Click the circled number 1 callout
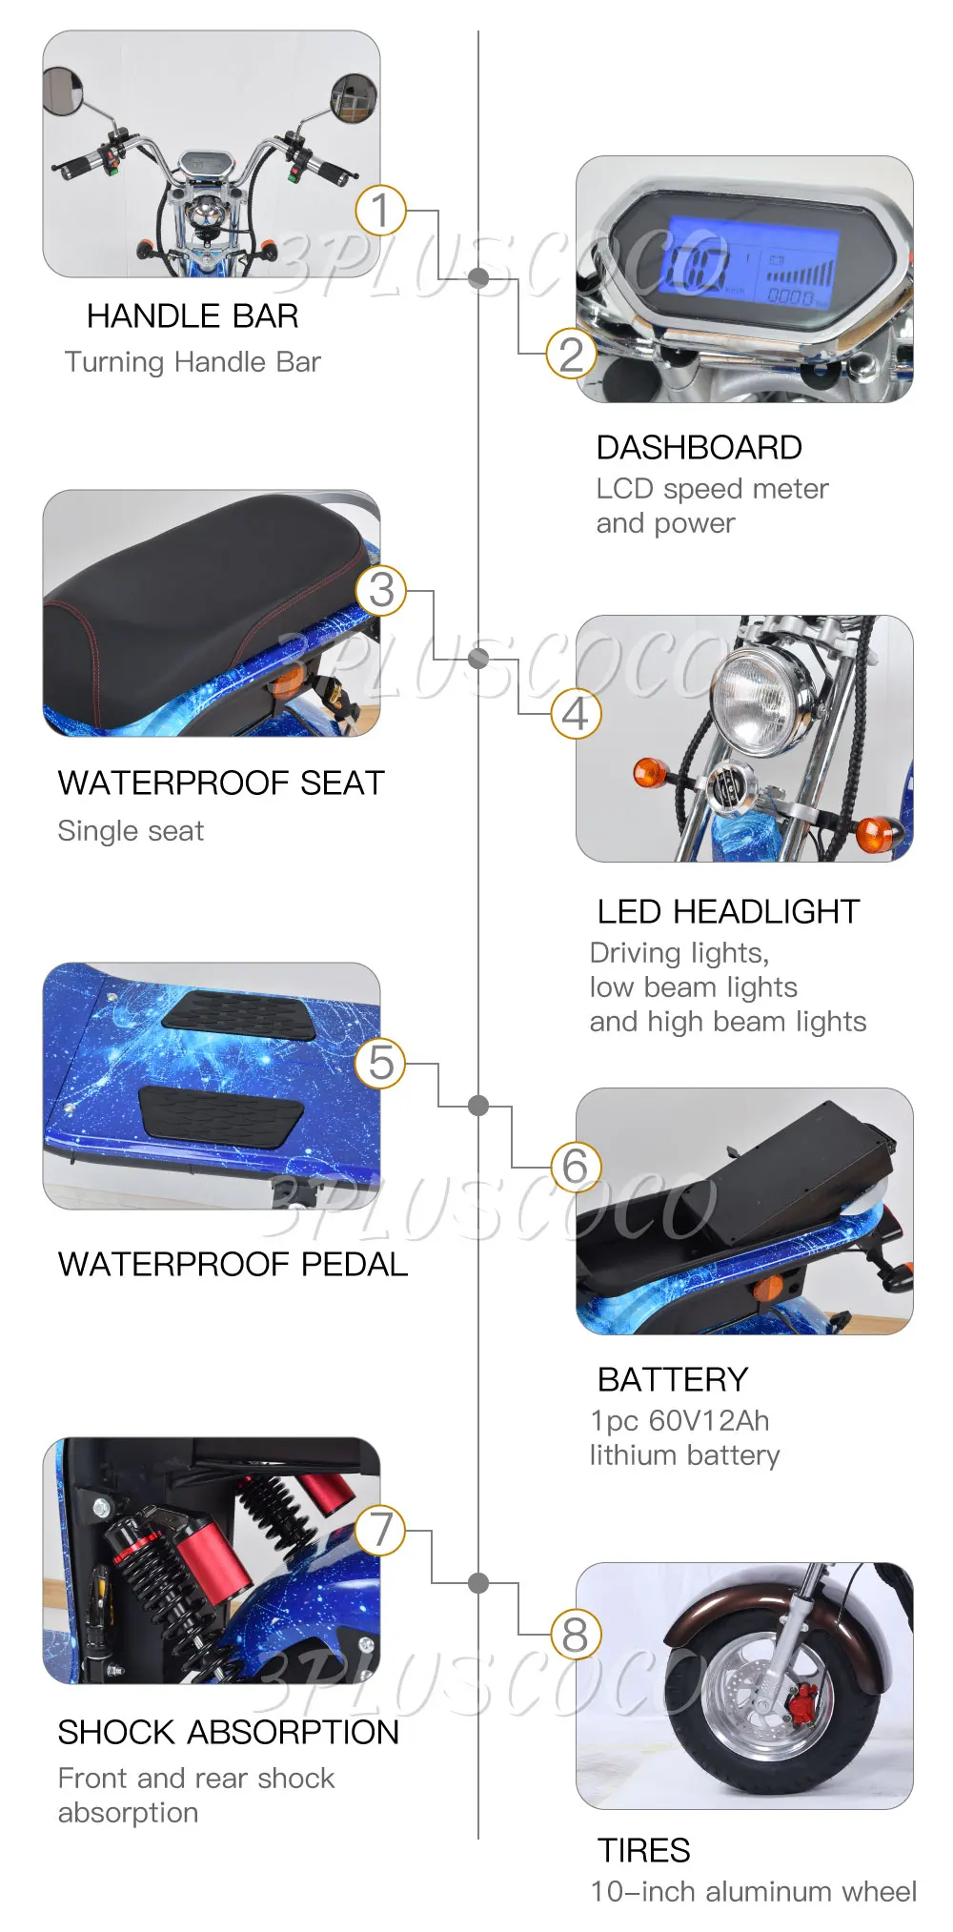pyautogui.click(x=380, y=211)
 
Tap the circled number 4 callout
pyautogui.click(x=576, y=714)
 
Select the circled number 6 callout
pyautogui.click(x=576, y=1166)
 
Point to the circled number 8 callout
pyautogui.click(x=576, y=1635)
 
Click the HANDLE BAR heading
pyautogui.click(x=193, y=316)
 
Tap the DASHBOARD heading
pyautogui.click(x=699, y=448)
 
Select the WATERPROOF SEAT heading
pyautogui.click(x=220, y=783)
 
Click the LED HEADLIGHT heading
pyautogui.click(x=728, y=912)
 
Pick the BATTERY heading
pyautogui.click(x=672, y=1380)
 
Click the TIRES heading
pyautogui.click(x=643, y=1851)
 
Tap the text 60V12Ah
pyautogui.click(x=708, y=1421)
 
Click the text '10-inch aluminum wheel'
pyautogui.click(x=753, y=1892)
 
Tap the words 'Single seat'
pyautogui.click(x=131, y=831)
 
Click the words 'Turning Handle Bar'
pyautogui.click(x=193, y=362)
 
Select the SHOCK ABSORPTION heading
pyautogui.click(x=228, y=1733)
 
